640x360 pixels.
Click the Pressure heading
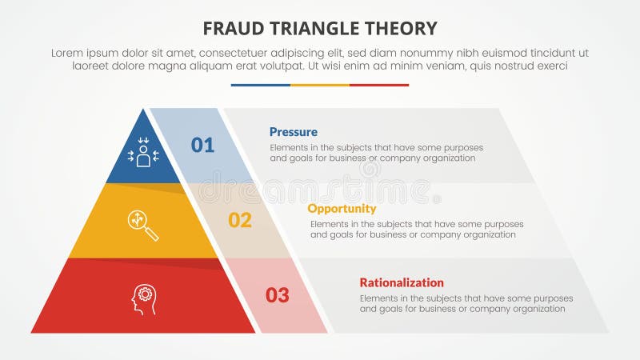[x=293, y=132]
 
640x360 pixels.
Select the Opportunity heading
[x=341, y=207]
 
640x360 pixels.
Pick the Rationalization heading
[x=401, y=282]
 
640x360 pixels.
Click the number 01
[x=202, y=145]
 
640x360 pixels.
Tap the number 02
[x=240, y=220]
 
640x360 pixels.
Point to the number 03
[x=277, y=295]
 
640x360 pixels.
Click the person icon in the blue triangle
[x=143, y=152]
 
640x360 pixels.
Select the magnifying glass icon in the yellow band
[x=143, y=225]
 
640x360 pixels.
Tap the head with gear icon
[x=143, y=299]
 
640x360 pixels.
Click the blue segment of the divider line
[x=260, y=85]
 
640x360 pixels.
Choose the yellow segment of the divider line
[x=320, y=85]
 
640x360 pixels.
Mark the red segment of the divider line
[x=379, y=85]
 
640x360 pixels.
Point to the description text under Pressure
[x=376, y=153]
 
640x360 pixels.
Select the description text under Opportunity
[x=417, y=230]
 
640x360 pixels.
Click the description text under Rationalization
[x=466, y=303]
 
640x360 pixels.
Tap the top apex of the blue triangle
[x=144, y=112]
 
